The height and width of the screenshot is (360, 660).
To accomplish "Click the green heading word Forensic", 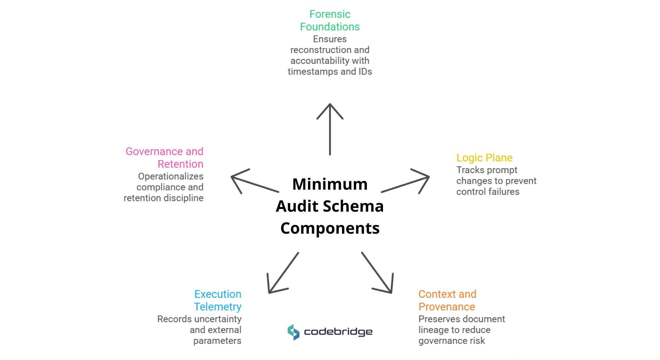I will click(330, 14).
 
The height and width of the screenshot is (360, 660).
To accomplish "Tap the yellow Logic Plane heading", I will click(484, 158).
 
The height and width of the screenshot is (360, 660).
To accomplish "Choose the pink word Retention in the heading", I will click(180, 164).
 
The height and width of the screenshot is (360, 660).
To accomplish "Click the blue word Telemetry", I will click(217, 307).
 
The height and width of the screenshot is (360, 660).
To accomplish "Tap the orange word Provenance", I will click(447, 307).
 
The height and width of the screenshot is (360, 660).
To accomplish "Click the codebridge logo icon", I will click(293, 332).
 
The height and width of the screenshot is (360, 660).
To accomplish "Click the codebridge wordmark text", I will click(338, 332).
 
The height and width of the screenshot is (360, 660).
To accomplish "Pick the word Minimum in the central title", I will click(330, 184).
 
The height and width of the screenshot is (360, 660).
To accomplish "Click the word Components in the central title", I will click(330, 228).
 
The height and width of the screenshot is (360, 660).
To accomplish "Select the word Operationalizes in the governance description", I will click(171, 176).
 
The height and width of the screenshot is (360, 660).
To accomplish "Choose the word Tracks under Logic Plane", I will click(470, 170).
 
